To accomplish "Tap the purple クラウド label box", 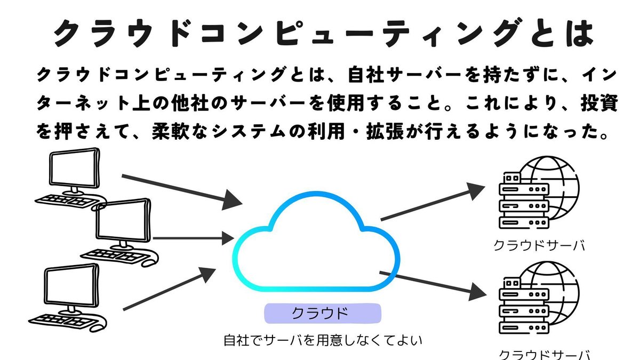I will [323, 313].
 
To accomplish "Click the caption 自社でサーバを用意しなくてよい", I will [323, 339].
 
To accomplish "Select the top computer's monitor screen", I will [74, 169].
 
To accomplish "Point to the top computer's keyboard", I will [67, 201].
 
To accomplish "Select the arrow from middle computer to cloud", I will [192, 238].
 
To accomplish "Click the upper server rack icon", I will [515, 202].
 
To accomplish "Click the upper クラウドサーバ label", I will [539, 246].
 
